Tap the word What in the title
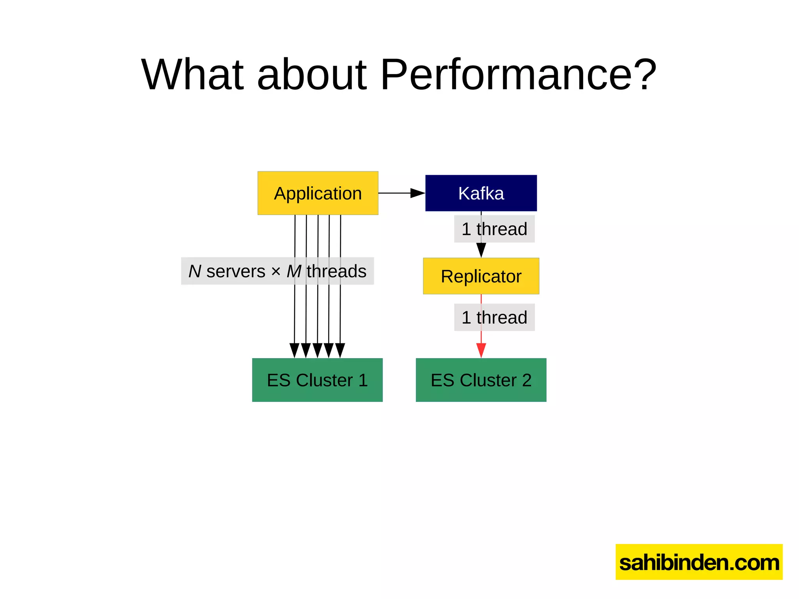point(192,74)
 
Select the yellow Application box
point(318,193)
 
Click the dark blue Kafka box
point(481,193)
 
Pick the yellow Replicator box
point(481,276)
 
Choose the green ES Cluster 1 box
point(317,380)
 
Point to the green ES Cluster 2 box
point(481,380)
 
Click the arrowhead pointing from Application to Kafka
point(417,193)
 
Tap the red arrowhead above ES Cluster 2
point(481,350)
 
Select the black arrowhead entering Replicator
point(481,250)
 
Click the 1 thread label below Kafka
point(494,229)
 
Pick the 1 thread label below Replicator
point(494,317)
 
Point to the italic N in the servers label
point(195,271)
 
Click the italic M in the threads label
point(294,271)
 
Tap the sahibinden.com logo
point(699,562)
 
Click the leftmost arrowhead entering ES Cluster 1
point(295,350)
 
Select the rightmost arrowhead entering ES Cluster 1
point(340,350)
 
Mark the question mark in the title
point(644,74)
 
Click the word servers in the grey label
point(236,271)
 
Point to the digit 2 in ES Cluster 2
point(527,380)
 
